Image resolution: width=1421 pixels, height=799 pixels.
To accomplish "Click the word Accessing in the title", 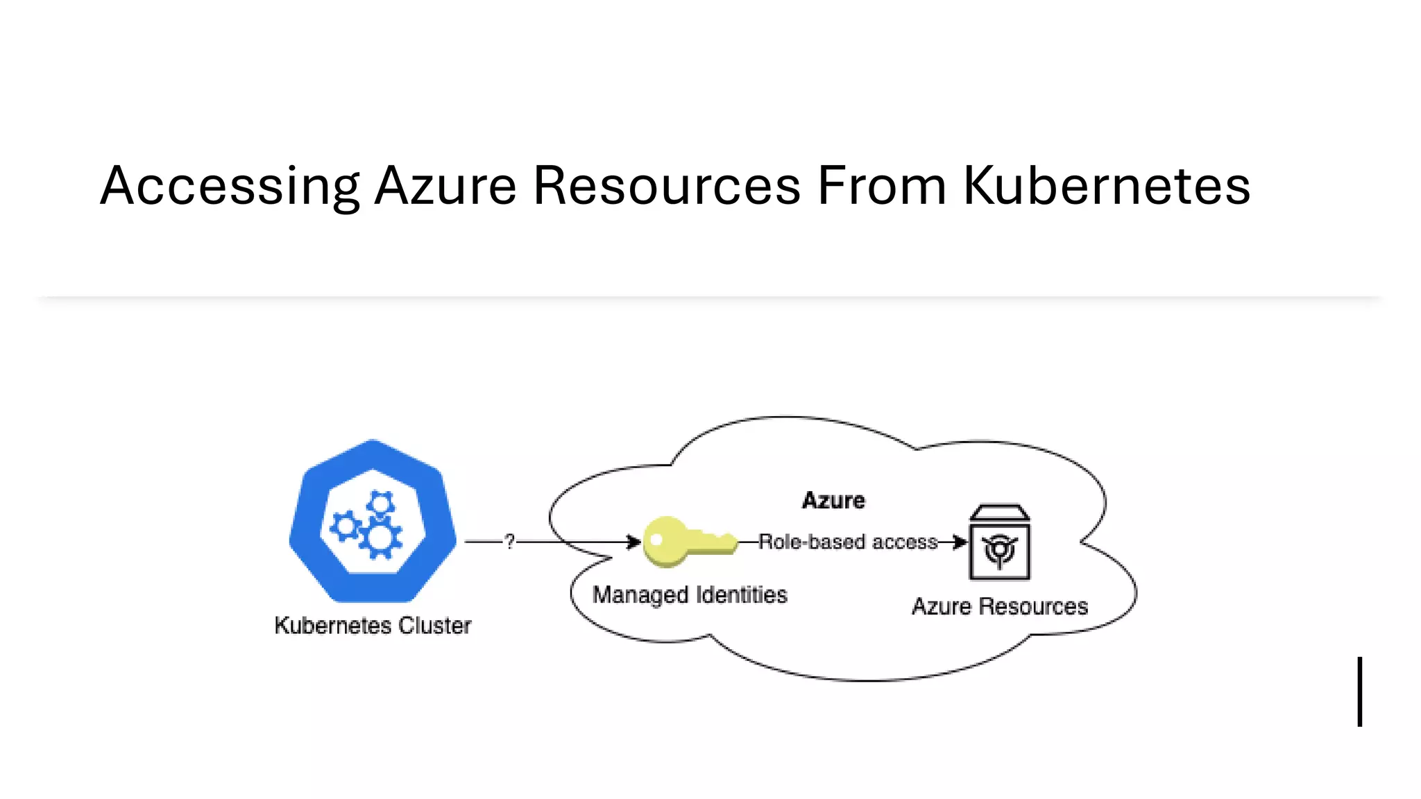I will pos(230,186).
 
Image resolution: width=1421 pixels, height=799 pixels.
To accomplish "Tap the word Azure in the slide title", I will pos(445,186).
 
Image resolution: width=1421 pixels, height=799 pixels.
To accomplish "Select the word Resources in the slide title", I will pos(667,186).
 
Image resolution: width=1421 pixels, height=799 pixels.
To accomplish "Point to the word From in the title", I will pos(882,186).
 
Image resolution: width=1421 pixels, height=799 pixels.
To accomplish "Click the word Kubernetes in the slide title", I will pos(1107,186).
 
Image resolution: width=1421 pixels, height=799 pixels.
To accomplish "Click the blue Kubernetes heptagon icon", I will pos(373,520).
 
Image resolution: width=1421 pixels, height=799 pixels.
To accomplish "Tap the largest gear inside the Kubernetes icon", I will pos(380,538).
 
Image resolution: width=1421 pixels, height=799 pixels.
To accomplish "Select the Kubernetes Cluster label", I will pos(373,626).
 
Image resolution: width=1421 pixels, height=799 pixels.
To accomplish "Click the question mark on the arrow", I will pos(510,542).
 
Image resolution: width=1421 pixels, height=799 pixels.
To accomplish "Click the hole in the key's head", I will pos(656,540).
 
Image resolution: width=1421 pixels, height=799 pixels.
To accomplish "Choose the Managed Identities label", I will pos(690,595).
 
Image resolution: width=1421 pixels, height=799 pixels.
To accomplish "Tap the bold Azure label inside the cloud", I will pos(833,501).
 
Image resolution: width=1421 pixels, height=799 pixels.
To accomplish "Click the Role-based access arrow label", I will pos(848,542).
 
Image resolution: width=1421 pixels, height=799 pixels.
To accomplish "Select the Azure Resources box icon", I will pos(999,542).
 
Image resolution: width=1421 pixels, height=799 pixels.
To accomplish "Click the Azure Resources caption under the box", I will pos(999,607).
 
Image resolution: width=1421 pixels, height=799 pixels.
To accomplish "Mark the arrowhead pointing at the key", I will pos(633,542).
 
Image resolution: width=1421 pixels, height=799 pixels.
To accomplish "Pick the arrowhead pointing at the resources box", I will pos(960,542).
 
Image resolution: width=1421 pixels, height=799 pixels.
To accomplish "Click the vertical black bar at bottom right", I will pos(1360,691).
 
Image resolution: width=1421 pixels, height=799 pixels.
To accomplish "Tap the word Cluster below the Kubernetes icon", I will pos(435,626).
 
